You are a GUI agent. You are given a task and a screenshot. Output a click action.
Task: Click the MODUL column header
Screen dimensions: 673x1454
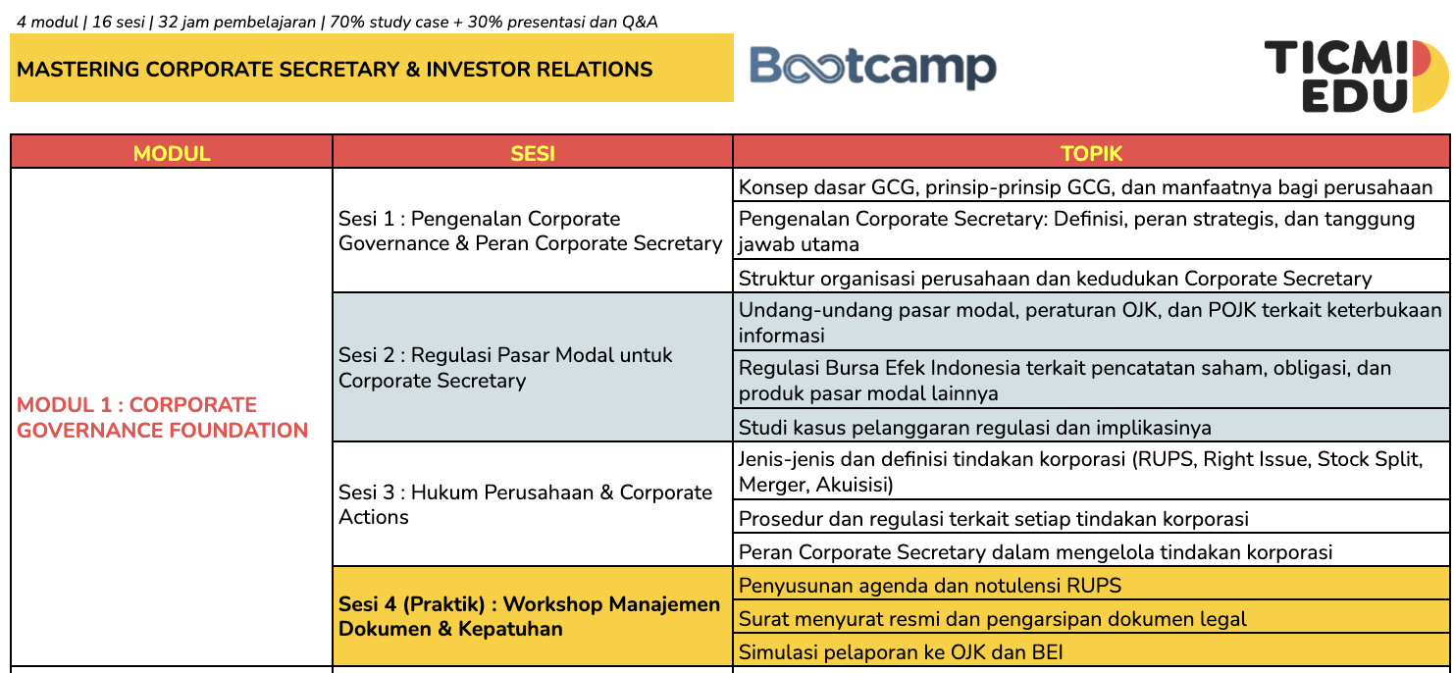(x=172, y=153)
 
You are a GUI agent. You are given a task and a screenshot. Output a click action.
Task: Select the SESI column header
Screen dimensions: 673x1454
(x=533, y=153)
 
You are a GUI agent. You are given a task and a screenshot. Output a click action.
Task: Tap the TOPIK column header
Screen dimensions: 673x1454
(x=1091, y=153)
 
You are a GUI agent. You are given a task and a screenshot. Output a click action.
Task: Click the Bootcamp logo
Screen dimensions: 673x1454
(x=872, y=68)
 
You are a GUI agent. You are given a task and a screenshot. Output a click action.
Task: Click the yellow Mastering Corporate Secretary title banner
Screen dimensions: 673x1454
(x=371, y=69)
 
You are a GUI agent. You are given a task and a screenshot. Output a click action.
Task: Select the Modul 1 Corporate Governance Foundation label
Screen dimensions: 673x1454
(x=163, y=417)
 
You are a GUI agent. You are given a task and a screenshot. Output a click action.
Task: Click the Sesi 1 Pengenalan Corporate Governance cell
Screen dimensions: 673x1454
(x=531, y=231)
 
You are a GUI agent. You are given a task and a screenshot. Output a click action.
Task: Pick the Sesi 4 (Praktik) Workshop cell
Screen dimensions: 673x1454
(x=530, y=616)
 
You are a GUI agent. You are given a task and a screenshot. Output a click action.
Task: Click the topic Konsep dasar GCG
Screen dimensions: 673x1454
(x=1085, y=186)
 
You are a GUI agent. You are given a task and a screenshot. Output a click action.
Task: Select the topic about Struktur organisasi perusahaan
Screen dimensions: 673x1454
(x=1055, y=278)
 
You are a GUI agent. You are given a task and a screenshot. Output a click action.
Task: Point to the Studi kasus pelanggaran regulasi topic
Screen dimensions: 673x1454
(x=974, y=427)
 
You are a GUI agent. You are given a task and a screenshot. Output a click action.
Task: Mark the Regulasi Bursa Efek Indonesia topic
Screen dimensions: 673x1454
(x=1065, y=381)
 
